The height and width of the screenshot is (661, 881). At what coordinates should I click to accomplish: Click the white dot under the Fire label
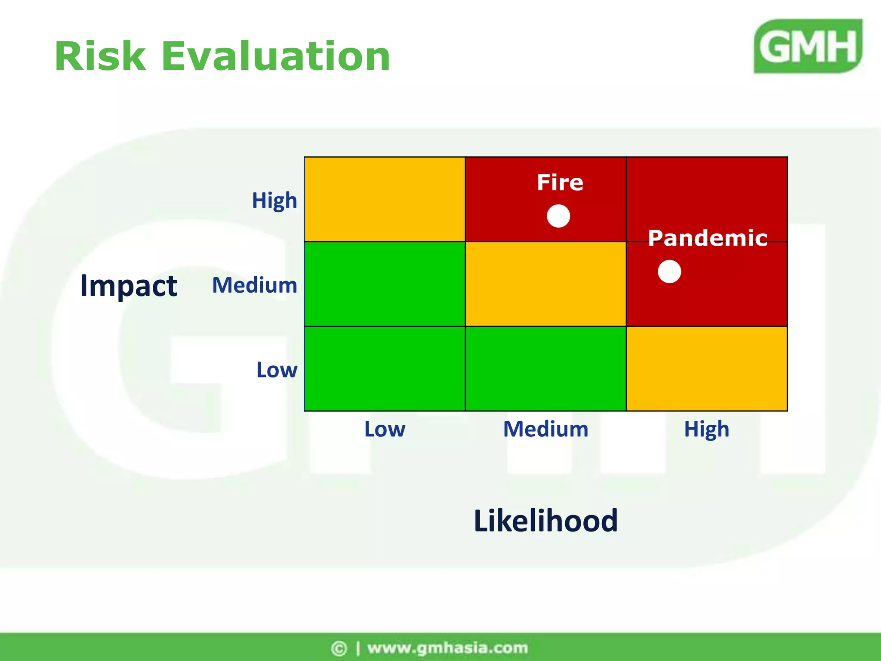click(558, 216)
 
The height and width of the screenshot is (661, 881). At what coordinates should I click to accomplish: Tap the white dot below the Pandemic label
click(669, 272)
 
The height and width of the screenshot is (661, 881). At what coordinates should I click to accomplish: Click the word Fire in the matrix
click(560, 182)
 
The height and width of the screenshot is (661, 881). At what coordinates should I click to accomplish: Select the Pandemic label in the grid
click(708, 238)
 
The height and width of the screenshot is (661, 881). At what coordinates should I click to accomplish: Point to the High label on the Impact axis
click(274, 201)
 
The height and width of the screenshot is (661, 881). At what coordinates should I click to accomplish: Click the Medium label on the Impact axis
click(255, 285)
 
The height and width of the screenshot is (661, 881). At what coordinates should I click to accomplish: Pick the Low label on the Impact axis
click(277, 370)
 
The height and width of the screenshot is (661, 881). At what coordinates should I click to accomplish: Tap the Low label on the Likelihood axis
click(385, 429)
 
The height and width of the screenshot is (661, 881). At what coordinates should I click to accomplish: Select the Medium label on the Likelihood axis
click(545, 429)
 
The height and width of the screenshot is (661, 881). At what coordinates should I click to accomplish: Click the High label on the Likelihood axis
click(707, 429)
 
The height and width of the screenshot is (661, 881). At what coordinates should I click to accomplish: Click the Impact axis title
click(129, 286)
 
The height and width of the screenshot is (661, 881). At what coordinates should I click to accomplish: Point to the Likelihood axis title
click(545, 521)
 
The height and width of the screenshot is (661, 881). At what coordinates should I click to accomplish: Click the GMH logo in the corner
click(808, 46)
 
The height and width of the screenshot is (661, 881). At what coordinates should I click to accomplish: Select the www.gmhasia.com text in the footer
click(447, 648)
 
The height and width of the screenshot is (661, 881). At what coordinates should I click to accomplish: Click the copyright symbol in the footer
click(339, 648)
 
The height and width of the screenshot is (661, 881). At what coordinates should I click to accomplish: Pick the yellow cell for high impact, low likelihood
click(385, 199)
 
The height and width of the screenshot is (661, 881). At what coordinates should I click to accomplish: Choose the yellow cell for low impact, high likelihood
click(707, 369)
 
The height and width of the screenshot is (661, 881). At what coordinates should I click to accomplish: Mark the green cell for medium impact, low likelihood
click(385, 284)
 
